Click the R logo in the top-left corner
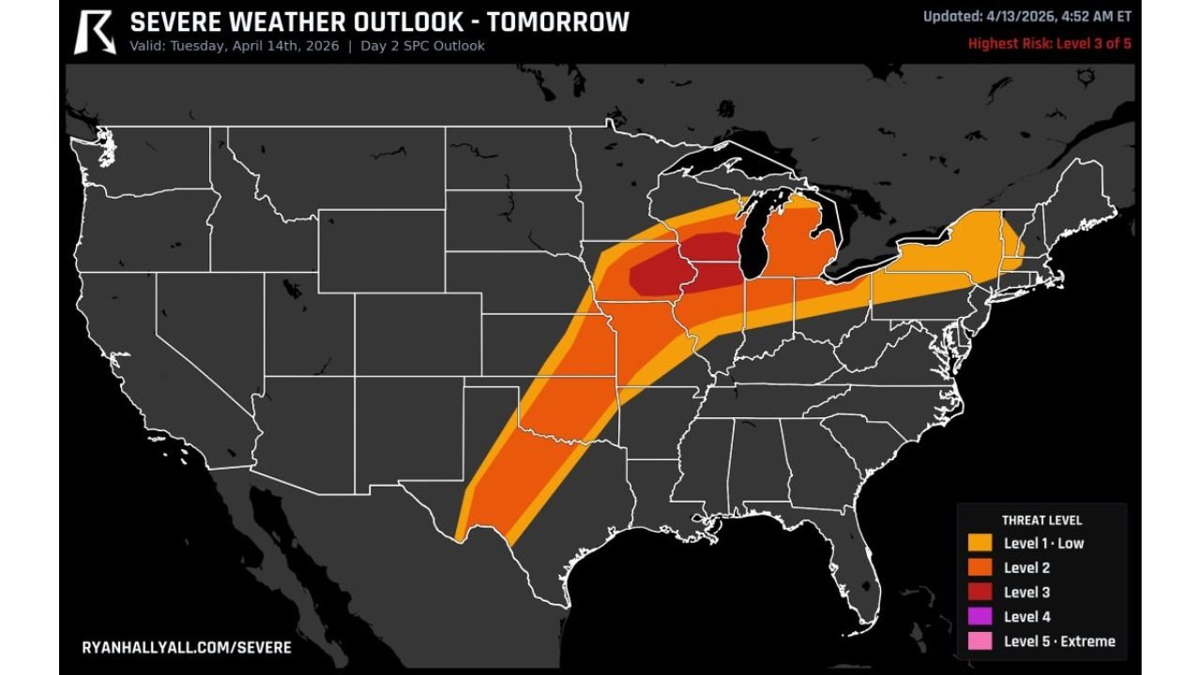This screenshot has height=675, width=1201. (95, 31)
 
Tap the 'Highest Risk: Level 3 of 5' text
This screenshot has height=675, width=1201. (1049, 43)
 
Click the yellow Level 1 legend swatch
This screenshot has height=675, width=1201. (981, 543)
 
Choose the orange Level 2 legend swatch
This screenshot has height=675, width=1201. (981, 567)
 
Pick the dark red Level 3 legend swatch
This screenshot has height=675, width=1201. (981, 592)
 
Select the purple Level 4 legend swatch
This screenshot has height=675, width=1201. (981, 617)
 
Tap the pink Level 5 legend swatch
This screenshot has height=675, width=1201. (981, 641)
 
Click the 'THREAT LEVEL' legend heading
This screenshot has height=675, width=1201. (1041, 520)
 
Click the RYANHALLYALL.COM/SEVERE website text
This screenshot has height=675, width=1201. (187, 648)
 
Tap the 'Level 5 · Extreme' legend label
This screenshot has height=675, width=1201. (1059, 641)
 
